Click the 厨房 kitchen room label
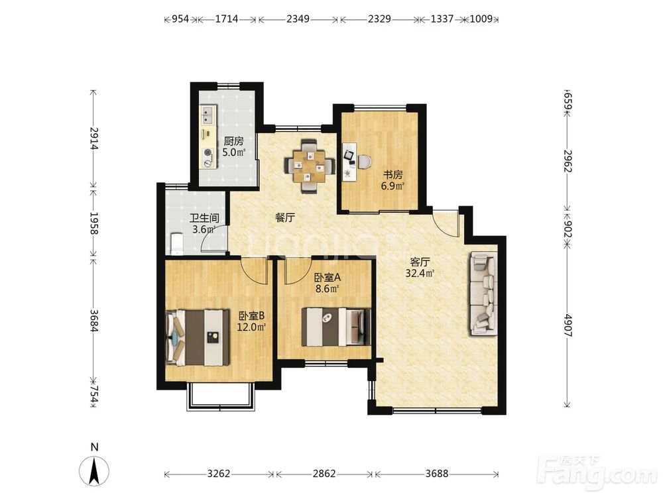[x=233, y=140]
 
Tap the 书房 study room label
[x=392, y=174]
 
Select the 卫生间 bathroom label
[x=204, y=219]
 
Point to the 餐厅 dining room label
[x=284, y=218]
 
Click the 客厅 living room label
[x=420, y=262]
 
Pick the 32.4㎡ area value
[x=420, y=274]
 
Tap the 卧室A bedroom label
[x=328, y=278]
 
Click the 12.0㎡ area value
[x=251, y=327]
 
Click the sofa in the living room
[x=483, y=294]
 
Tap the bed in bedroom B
[x=198, y=338]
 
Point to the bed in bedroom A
[x=336, y=327]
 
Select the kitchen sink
[x=208, y=115]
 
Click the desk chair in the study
[x=365, y=162]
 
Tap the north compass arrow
[x=94, y=470]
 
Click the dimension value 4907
[x=568, y=325]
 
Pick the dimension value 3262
[x=219, y=474]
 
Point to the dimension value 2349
[x=298, y=19]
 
